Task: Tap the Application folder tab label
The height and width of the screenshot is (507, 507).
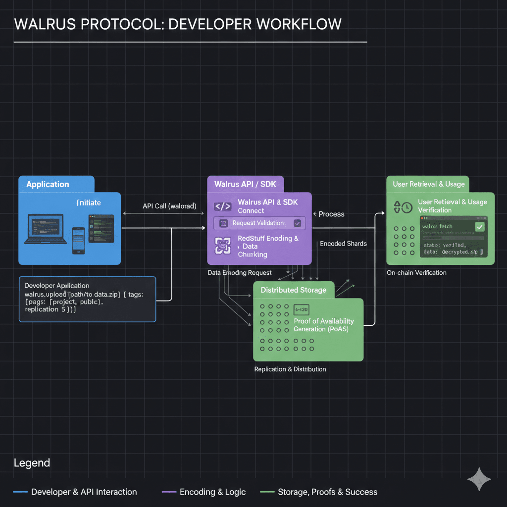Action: pyautogui.click(x=48, y=184)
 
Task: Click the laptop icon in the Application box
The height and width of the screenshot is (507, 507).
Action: pyautogui.click(x=45, y=229)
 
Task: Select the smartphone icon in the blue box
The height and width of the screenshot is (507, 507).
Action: pyautogui.click(x=79, y=240)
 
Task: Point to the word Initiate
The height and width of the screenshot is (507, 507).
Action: pyautogui.click(x=89, y=203)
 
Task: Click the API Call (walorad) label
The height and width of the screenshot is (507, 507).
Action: pyautogui.click(x=169, y=205)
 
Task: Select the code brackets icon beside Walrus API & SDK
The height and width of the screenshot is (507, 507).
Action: pyautogui.click(x=223, y=206)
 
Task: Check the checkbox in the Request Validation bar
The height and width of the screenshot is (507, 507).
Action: pyautogui.click(x=297, y=223)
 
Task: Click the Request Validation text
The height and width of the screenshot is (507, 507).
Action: pyautogui.click(x=258, y=223)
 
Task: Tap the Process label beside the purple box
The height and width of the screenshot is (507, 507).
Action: pyautogui.click(x=331, y=214)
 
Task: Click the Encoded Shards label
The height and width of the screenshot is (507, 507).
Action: pyautogui.click(x=343, y=244)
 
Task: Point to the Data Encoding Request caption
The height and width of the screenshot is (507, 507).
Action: pyautogui.click(x=240, y=273)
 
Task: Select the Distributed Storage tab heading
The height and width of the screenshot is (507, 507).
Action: pyautogui.click(x=293, y=290)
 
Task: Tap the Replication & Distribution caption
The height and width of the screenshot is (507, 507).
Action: pyautogui.click(x=290, y=369)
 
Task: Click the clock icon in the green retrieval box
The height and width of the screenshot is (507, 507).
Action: pyautogui.click(x=407, y=207)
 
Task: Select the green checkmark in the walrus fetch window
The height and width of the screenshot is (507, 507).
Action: pyautogui.click(x=479, y=227)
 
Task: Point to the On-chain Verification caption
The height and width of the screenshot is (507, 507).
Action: pyautogui.click(x=416, y=273)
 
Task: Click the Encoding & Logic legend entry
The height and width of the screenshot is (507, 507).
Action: pyautogui.click(x=212, y=492)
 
